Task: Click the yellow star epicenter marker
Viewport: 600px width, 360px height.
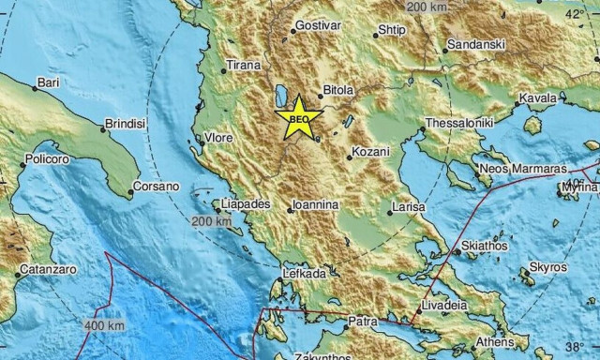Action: click(x=299, y=118)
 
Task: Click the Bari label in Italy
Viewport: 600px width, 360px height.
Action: click(x=50, y=83)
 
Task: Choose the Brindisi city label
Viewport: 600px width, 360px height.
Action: click(x=127, y=124)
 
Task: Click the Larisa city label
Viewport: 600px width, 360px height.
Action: click(x=411, y=205)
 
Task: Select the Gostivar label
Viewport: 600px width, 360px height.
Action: click(x=315, y=25)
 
